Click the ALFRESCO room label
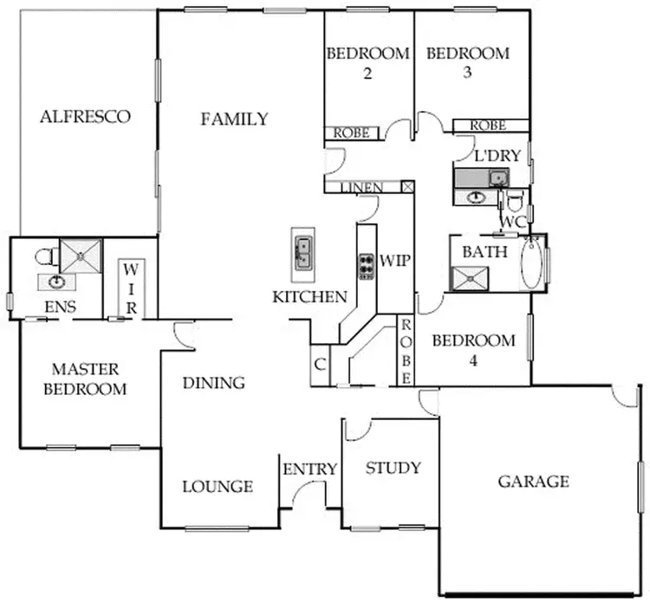pos(85,117)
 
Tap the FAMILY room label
pos(234,120)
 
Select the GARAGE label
pos(533,482)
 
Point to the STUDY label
pos(393,469)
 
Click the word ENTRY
pos(309,469)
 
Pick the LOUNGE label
pos(217,487)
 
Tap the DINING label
pos(214,383)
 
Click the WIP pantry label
pos(394,260)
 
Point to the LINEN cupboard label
pos(362,187)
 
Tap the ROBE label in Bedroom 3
pos(488,126)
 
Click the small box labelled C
pos(319,365)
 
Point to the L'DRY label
pos(491,156)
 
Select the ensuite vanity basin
pos(57,281)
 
